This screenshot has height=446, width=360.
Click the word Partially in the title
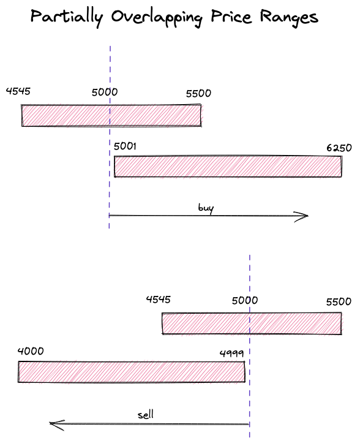pos(67,18)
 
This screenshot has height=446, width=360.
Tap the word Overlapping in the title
pos(157,18)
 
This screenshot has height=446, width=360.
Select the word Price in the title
pos(231,17)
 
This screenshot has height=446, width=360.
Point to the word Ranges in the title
pos(289,18)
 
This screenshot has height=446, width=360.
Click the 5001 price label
pos(125,146)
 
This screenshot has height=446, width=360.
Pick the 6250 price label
pos(339,148)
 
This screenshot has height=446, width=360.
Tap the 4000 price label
pos(31,351)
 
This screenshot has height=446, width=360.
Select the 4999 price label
pos(232,353)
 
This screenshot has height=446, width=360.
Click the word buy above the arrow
pos(206,208)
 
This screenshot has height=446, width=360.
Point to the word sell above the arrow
pos(146,415)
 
